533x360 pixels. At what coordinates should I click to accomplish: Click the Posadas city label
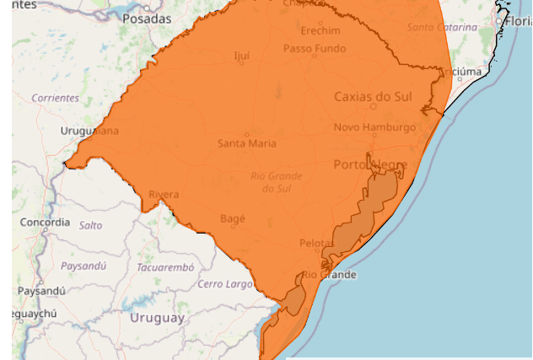point(146,18)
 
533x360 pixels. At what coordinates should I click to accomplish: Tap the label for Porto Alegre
point(370,164)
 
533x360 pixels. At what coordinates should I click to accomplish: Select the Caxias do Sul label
point(373,96)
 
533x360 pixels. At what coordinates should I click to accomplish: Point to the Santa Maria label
point(246,143)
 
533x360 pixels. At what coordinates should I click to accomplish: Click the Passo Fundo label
point(315,49)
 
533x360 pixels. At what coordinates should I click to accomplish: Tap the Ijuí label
point(241,56)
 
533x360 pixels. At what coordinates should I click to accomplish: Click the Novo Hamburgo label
point(374,127)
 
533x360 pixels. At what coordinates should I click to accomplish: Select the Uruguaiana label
point(90,131)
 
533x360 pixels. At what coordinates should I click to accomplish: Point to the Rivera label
point(164,195)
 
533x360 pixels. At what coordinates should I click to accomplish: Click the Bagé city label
point(232,218)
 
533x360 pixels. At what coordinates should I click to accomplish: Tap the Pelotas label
point(317,244)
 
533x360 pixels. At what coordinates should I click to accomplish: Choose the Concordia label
point(46,223)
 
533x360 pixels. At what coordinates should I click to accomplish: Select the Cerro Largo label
point(225,284)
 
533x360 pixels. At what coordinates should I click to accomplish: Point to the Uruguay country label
point(157,318)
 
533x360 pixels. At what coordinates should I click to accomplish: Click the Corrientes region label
point(56,98)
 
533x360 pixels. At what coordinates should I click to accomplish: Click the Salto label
point(90,226)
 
